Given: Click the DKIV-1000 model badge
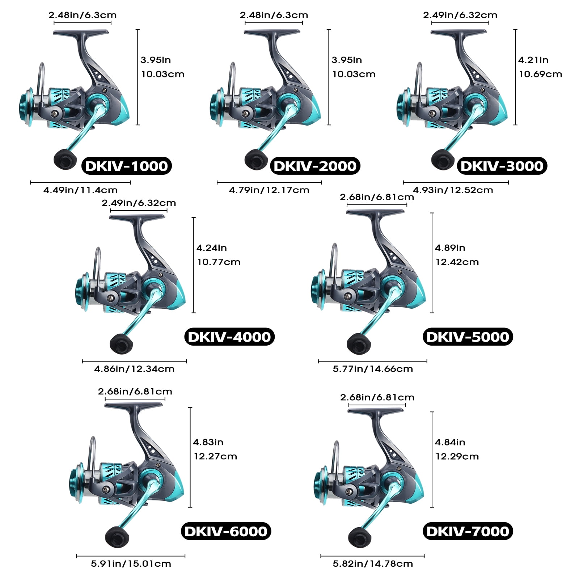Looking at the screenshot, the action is (x=127, y=166).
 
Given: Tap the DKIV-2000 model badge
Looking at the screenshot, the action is (x=315, y=166).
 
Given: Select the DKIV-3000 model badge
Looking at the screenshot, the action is (x=502, y=166).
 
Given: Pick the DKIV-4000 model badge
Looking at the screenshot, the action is (x=229, y=337).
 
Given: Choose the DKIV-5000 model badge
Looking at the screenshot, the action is (x=468, y=337).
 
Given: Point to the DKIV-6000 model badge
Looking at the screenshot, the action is (x=226, y=531).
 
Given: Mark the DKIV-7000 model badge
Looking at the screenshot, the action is (x=468, y=531).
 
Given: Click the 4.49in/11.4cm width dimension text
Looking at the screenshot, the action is (x=80, y=190).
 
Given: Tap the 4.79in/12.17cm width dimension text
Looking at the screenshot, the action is (x=269, y=190).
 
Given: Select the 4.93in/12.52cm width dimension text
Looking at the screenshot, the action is (x=453, y=190).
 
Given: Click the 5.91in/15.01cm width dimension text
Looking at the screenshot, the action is (x=131, y=563).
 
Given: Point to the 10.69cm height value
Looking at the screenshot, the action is (x=541, y=74).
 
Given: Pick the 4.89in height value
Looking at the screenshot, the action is (x=450, y=248).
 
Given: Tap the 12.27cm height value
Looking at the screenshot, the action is (x=215, y=456).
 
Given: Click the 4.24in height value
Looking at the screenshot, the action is (x=212, y=248).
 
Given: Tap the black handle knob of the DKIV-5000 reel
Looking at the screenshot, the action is (x=358, y=343).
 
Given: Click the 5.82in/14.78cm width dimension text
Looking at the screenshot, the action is (x=373, y=563).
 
